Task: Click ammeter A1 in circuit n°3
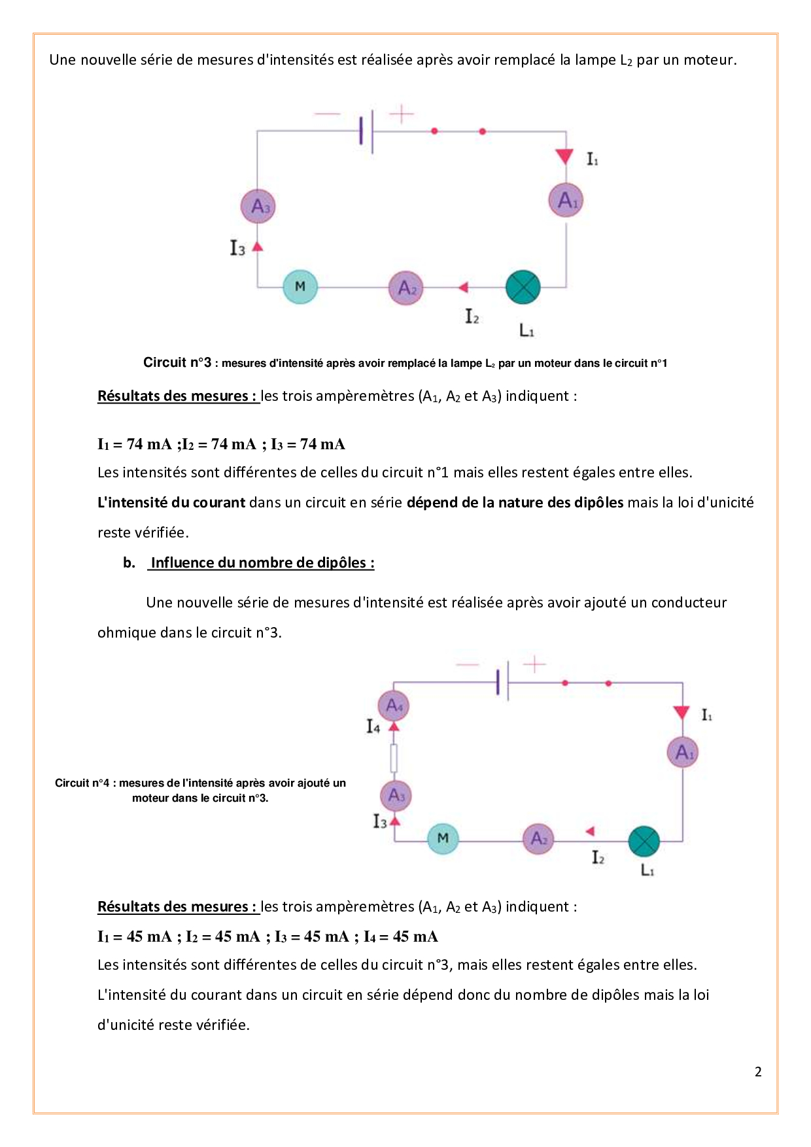(566, 200)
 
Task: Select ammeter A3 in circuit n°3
(258, 206)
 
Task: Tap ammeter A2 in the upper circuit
(406, 288)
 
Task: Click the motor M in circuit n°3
(300, 286)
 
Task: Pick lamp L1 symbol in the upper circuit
(523, 287)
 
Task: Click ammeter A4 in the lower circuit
(394, 705)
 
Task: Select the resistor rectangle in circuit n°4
(394, 759)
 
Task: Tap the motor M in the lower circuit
(443, 838)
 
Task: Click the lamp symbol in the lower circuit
(644, 842)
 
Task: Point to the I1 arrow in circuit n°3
(565, 157)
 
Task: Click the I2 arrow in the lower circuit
(590, 831)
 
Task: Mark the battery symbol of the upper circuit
(366, 131)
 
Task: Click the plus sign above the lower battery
(534, 664)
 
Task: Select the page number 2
(758, 1071)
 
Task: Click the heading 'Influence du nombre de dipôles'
(262, 562)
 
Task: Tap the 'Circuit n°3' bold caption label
(177, 362)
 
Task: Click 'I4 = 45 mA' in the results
(400, 936)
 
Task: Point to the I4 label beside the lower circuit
(373, 726)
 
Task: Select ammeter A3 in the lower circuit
(396, 795)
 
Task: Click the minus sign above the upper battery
(327, 114)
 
